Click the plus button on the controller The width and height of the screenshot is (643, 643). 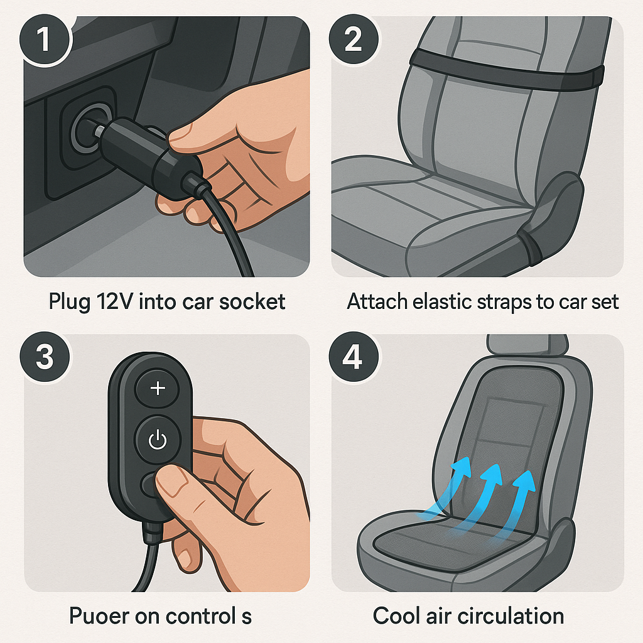pyautogui.click(x=158, y=389)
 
